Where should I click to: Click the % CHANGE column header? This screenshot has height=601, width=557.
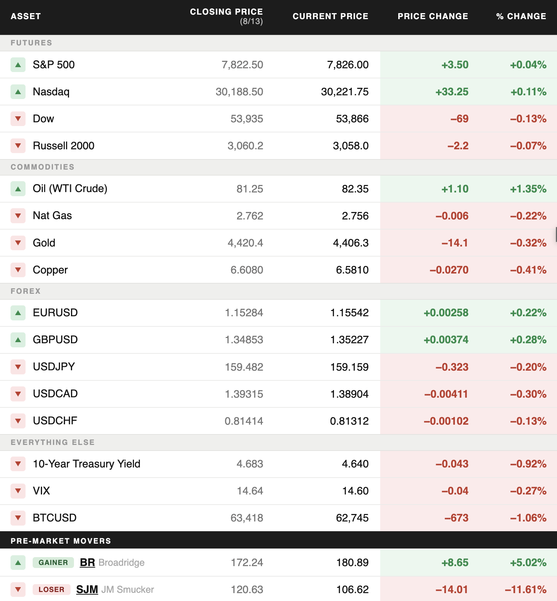tap(521, 16)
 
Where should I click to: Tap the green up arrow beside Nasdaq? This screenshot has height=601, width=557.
tap(18, 92)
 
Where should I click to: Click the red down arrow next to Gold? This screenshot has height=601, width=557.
tap(18, 243)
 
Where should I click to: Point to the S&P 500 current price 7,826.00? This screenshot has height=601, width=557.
tap(348, 65)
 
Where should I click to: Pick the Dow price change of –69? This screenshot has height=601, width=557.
tap(459, 119)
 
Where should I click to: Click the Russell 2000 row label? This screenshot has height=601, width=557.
tap(63, 146)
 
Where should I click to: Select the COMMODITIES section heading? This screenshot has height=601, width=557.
tap(42, 167)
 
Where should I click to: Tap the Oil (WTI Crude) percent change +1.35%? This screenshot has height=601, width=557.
tap(528, 189)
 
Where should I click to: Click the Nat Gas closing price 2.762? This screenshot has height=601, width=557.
tap(250, 216)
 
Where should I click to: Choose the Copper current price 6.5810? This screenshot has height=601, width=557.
tap(352, 270)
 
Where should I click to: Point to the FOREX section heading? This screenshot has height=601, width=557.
tap(26, 291)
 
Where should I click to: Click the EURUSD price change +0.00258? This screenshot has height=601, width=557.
tap(446, 313)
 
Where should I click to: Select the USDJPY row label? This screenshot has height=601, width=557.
tap(54, 367)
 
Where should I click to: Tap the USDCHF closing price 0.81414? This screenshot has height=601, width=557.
tap(244, 421)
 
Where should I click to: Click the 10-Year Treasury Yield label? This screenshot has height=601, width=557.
tap(86, 464)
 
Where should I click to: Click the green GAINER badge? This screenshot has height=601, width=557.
tap(53, 562)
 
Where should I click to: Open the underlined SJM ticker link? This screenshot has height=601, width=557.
tap(87, 589)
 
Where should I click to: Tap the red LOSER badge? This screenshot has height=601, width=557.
tap(51, 589)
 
